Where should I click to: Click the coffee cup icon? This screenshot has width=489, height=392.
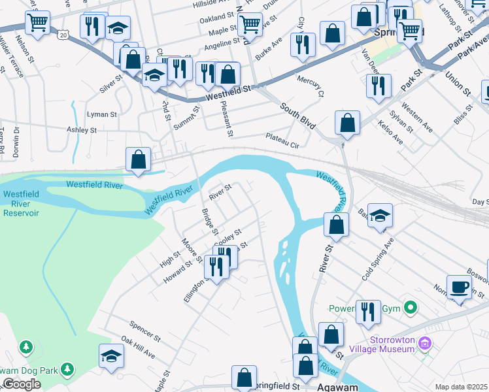(x=460, y=286)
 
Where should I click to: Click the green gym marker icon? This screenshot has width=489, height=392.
(x=411, y=306)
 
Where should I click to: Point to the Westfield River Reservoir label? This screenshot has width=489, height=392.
(x=21, y=203)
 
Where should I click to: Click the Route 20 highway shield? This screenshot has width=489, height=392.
(x=62, y=33)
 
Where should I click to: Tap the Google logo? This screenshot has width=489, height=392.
(x=21, y=384)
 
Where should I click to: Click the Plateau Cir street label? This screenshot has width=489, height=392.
(x=282, y=140)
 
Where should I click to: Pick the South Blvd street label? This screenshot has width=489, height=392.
(x=298, y=115)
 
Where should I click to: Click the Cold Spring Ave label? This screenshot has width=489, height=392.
(x=379, y=259)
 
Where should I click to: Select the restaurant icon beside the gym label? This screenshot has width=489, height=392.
(x=368, y=312)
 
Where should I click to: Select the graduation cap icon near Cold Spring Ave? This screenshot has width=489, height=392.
(x=380, y=216)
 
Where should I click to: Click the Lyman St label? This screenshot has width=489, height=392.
(x=101, y=114)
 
